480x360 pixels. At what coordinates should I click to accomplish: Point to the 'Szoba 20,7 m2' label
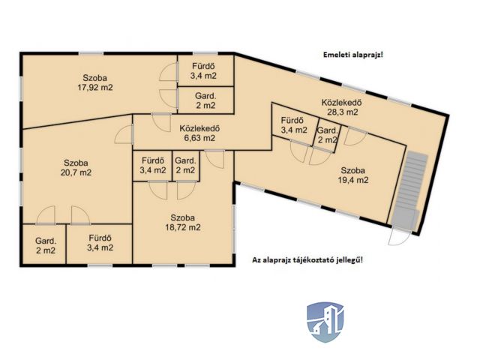77,167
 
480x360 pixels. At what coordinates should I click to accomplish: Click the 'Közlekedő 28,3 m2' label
341,106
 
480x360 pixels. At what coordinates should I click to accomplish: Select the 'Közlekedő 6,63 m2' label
197,133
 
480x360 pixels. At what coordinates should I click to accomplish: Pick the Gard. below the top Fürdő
205,100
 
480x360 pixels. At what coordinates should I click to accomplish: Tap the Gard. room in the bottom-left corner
45,246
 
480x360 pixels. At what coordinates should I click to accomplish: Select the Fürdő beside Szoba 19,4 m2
293,125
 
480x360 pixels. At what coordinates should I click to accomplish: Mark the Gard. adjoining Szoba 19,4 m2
327,136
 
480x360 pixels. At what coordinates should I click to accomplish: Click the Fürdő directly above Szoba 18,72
152,165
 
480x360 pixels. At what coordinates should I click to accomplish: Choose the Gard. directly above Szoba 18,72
185,165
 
